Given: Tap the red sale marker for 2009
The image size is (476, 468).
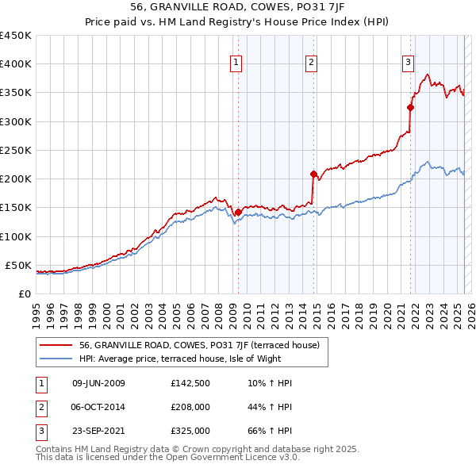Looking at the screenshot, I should [238, 212].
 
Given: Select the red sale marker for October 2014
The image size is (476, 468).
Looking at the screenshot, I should [313, 174].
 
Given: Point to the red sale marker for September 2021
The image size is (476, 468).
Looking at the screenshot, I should [410, 107].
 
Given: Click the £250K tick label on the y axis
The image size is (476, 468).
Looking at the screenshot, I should [15, 150].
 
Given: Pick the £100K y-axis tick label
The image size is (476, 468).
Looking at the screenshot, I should [15, 236].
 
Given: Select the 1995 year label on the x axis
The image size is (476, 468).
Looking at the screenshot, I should [36, 309].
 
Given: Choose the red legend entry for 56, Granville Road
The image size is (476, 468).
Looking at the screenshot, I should [199, 345].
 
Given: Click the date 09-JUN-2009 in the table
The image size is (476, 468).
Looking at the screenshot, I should [98, 383].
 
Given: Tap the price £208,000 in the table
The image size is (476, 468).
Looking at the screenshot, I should [190, 407].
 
